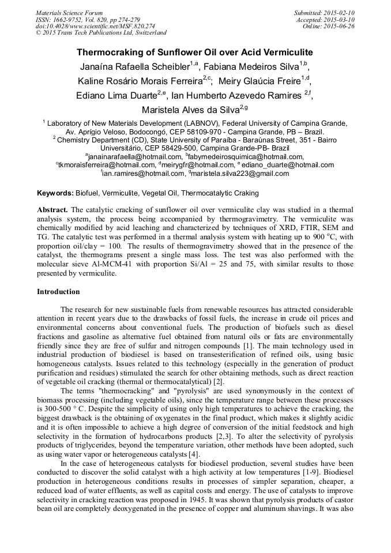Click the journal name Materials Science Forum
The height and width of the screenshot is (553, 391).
(69, 13)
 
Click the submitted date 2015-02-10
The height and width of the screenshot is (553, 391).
(339, 13)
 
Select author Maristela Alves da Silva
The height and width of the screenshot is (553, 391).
(186, 110)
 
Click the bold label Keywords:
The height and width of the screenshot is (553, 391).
(55, 193)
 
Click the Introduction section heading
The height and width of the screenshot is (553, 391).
(58, 292)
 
